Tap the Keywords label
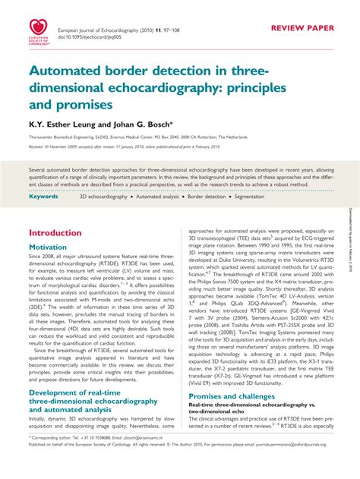(x=43, y=196)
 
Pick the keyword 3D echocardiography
(x=103, y=196)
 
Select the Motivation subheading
(x=52, y=247)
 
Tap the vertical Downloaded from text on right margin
(x=352, y=243)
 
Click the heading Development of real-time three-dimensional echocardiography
(x=93, y=400)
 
